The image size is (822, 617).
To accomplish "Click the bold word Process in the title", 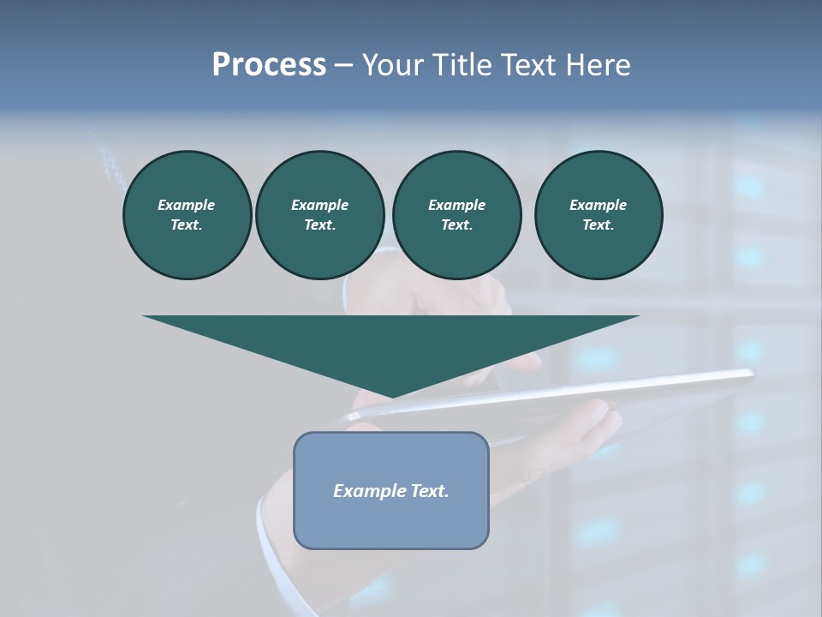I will [269, 65].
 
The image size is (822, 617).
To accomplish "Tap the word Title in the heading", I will [462, 65].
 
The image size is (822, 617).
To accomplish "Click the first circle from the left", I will [187, 215].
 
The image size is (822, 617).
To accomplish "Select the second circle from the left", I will [319, 215].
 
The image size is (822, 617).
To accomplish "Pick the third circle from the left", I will [456, 215].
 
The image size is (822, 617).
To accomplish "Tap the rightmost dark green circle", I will [599, 215].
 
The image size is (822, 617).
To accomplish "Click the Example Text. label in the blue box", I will [391, 491].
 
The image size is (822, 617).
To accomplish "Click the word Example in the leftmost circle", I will [187, 205].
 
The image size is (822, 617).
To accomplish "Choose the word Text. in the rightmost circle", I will [599, 225].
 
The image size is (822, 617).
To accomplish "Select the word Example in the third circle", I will [456, 205].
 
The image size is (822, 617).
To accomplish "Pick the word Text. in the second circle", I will [319, 225].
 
